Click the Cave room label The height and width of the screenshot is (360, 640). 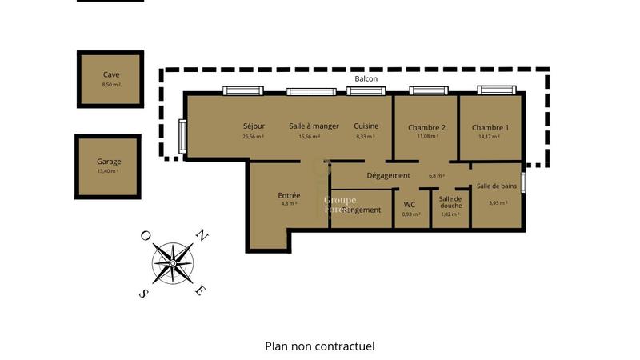click(x=110, y=74)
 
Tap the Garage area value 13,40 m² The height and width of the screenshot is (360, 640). click(x=108, y=171)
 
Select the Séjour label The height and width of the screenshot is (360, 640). click(x=254, y=126)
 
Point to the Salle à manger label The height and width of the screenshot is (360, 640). click(x=314, y=126)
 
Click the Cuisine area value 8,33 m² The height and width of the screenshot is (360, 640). click(x=366, y=137)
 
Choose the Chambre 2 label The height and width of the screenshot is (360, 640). click(x=426, y=127)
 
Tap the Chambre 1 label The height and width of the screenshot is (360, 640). click(x=490, y=127)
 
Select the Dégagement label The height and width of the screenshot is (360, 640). click(x=388, y=175)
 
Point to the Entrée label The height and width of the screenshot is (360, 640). click(x=289, y=195)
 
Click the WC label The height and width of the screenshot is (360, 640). click(x=410, y=205)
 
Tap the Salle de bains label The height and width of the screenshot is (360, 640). click(x=496, y=186)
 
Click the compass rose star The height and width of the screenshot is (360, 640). click(x=173, y=263)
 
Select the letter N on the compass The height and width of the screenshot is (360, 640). click(x=202, y=235)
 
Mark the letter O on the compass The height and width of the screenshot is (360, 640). click(x=145, y=235)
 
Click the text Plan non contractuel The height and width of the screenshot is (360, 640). click(x=319, y=346)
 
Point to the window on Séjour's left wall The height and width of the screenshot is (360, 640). click(x=182, y=138)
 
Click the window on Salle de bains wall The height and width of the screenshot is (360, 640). click(x=524, y=183)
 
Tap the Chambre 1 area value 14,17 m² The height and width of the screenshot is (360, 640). click(x=488, y=137)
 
